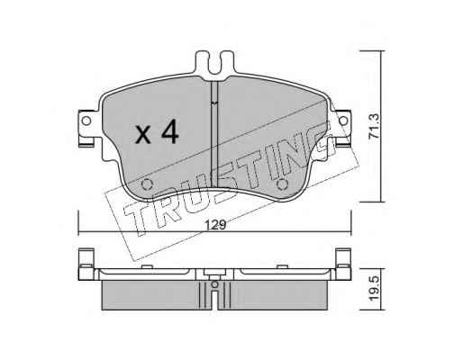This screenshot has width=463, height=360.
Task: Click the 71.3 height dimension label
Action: (375, 126)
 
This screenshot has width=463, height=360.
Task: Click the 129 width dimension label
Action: (214, 225)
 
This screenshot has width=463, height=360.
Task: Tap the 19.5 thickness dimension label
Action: (375, 289)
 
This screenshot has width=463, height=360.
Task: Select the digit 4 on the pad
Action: (170, 131)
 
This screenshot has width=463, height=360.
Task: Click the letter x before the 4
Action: (143, 135)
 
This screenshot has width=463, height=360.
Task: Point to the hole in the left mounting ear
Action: (86, 121)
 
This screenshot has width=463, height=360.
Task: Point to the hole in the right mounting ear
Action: (343, 121)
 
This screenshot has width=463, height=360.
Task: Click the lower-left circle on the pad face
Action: (147, 184)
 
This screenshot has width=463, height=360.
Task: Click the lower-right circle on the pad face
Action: (282, 184)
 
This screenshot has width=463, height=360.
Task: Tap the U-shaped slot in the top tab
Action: (214, 64)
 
